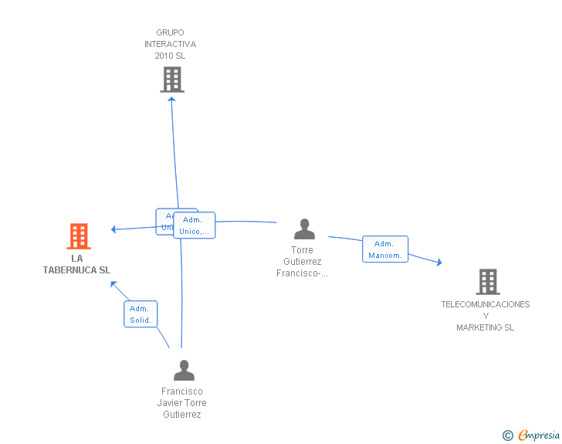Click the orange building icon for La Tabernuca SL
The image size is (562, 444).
pyautogui.click(x=79, y=236)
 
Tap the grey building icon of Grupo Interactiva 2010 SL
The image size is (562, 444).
pyautogui.click(x=172, y=79)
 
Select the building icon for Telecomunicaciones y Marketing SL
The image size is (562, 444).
pyautogui.click(x=487, y=282)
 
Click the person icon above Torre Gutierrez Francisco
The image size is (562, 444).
pyautogui.click(x=305, y=229)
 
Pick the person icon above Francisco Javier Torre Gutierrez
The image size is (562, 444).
pyautogui.click(x=184, y=371)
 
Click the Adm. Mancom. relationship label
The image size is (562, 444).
pyautogui.click(x=385, y=249)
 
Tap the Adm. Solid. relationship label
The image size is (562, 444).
pyautogui.click(x=140, y=314)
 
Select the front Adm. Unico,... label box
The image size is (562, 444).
pyautogui.click(x=195, y=225)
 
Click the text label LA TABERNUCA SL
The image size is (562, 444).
pyautogui.click(x=77, y=265)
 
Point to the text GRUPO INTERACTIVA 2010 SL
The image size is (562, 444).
pyautogui.click(x=170, y=44)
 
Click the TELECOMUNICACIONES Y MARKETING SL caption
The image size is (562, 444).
pyautogui.click(x=486, y=316)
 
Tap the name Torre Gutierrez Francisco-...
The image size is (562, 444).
pyautogui.click(x=303, y=261)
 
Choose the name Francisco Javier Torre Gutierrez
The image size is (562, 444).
pyautogui.click(x=182, y=403)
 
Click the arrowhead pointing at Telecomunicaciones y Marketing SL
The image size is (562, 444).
pyautogui.click(x=439, y=263)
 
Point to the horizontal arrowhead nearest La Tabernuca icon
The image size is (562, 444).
pyautogui.click(x=113, y=229)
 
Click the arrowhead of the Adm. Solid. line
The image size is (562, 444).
pyautogui.click(x=113, y=283)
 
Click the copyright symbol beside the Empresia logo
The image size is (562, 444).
pyautogui.click(x=507, y=436)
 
